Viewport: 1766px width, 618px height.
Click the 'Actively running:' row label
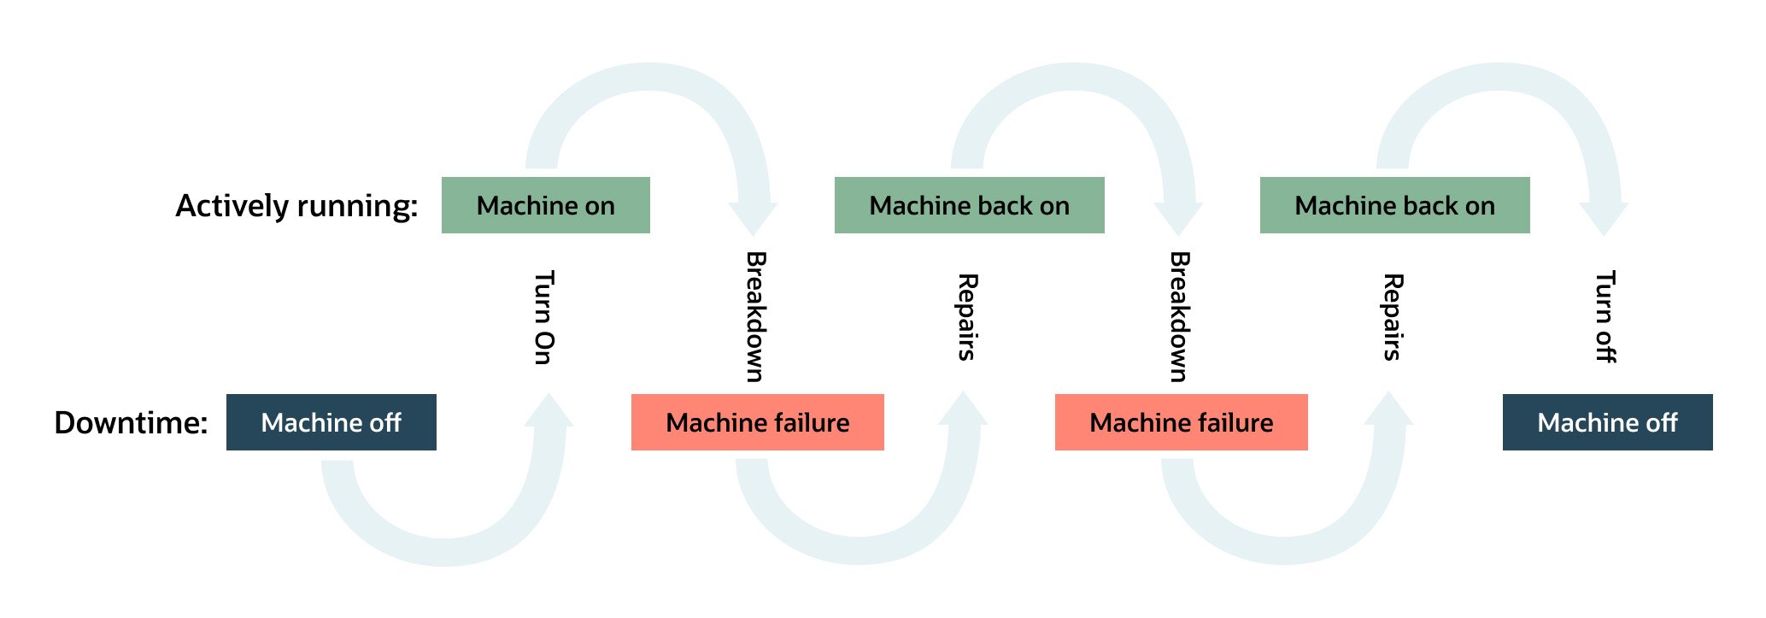tap(296, 206)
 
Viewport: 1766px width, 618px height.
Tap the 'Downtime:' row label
tap(131, 422)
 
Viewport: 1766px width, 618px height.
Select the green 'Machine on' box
tap(546, 205)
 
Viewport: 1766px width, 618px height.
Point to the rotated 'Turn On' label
tap(544, 317)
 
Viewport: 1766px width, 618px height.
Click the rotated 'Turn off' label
tap(1606, 316)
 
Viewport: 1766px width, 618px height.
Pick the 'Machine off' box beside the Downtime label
tap(331, 422)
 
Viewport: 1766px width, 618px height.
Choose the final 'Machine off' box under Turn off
tap(1608, 422)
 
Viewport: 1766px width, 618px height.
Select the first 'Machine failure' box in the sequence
tap(758, 422)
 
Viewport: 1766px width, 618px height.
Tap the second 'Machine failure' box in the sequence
tap(1182, 422)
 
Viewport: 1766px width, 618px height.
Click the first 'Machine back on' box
tap(970, 205)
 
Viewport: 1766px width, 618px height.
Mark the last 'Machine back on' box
tap(1395, 205)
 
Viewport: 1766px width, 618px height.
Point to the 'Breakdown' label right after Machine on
tap(756, 316)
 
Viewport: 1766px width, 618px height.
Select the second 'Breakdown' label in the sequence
tap(1180, 316)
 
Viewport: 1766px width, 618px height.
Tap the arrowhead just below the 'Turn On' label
tap(549, 409)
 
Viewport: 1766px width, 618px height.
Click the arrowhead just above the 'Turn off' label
tap(1605, 219)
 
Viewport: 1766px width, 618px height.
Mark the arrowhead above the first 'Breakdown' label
tap(753, 219)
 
